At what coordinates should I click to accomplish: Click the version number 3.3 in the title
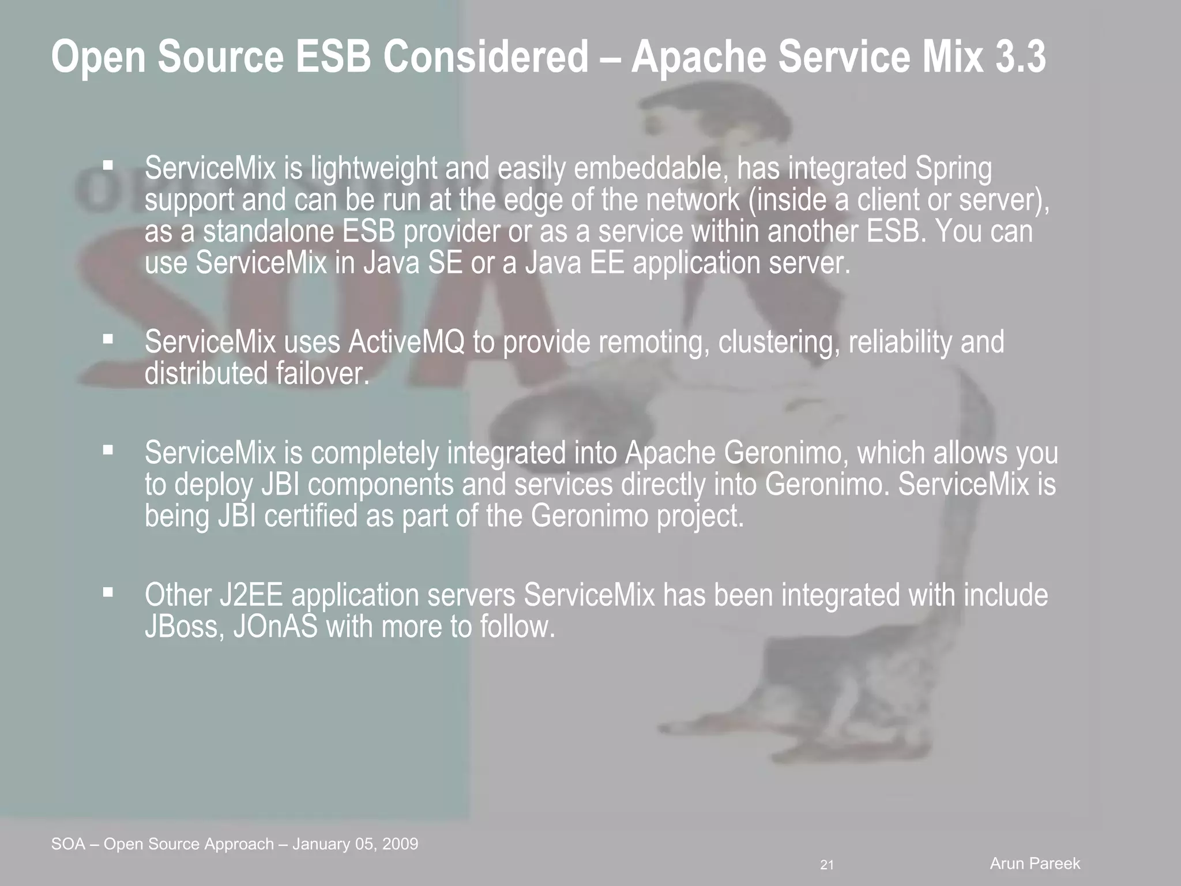[1021, 58]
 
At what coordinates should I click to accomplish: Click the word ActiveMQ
[406, 342]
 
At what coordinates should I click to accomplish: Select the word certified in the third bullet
[311, 515]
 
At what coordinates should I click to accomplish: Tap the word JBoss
[185, 626]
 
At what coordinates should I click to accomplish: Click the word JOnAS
[275, 626]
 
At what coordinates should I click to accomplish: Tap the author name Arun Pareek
[1035, 864]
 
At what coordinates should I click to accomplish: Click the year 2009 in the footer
[400, 844]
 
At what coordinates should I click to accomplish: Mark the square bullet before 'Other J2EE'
[107, 593]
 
